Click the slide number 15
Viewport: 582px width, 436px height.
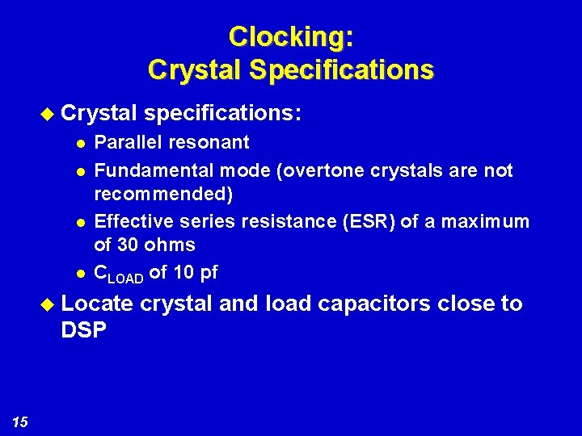(20, 421)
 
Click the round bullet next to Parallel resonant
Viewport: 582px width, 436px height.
(78, 143)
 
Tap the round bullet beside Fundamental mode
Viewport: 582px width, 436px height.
(78, 172)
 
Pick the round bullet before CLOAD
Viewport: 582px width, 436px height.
(78, 273)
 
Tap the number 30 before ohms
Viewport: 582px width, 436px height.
(128, 245)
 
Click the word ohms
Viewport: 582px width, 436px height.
(169, 245)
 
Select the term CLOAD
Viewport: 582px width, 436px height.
(119, 274)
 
